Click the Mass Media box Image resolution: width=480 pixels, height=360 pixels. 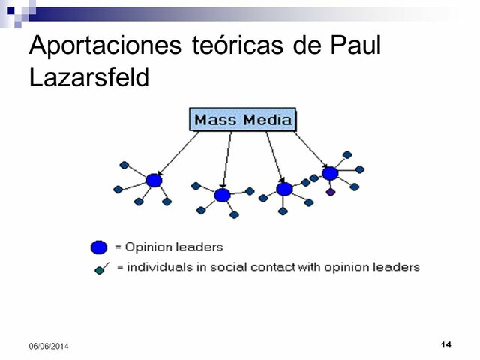(x=242, y=120)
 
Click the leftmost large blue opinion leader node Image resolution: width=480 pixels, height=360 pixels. (x=154, y=180)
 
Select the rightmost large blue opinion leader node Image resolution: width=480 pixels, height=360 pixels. (x=330, y=173)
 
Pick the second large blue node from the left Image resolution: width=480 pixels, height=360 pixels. (x=222, y=195)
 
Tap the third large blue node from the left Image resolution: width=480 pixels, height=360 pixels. (x=284, y=189)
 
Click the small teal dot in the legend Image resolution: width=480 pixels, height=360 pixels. (x=99, y=271)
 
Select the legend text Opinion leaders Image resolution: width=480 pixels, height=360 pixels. (x=174, y=247)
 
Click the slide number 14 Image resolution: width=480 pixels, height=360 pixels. (x=446, y=343)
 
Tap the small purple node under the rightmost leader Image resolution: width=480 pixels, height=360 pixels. (x=331, y=193)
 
